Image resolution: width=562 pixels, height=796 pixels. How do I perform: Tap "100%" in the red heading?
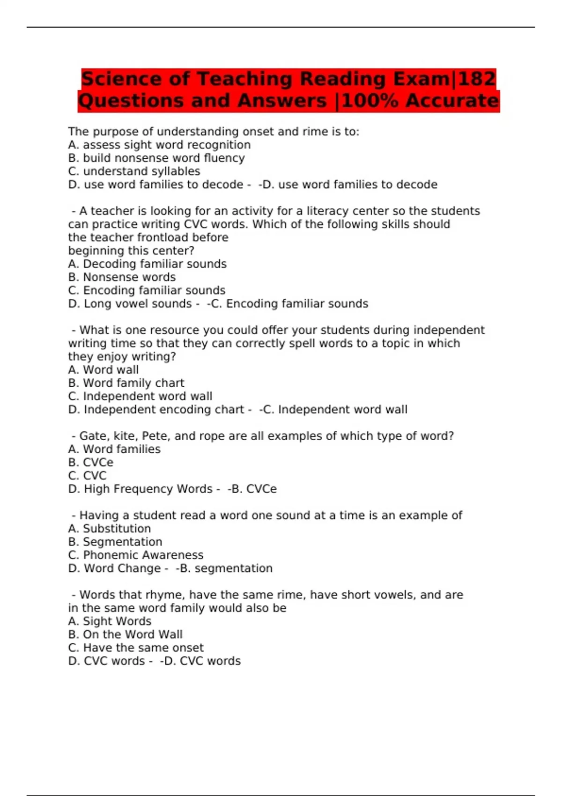(x=370, y=101)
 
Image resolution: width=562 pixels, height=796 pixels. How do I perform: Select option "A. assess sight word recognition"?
(x=159, y=145)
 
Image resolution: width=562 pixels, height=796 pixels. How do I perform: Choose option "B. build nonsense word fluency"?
(x=156, y=158)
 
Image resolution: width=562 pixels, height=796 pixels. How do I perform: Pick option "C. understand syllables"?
(x=134, y=171)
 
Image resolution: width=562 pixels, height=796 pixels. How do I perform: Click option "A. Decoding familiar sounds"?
(x=147, y=264)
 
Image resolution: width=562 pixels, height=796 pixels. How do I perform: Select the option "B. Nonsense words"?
(x=122, y=277)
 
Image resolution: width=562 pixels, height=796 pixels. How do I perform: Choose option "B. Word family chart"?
(x=126, y=383)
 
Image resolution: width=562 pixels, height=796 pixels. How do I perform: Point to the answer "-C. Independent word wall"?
(x=333, y=409)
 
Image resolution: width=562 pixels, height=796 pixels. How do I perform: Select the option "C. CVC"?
(x=87, y=476)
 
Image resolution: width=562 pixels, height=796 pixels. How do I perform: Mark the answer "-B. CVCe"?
(x=252, y=489)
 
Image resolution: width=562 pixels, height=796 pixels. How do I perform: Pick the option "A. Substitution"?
(x=109, y=529)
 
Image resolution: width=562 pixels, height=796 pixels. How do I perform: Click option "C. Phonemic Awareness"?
(x=135, y=555)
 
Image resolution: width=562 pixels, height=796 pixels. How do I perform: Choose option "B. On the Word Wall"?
(x=125, y=634)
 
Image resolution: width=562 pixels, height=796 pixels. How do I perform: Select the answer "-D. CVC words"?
(x=200, y=661)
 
